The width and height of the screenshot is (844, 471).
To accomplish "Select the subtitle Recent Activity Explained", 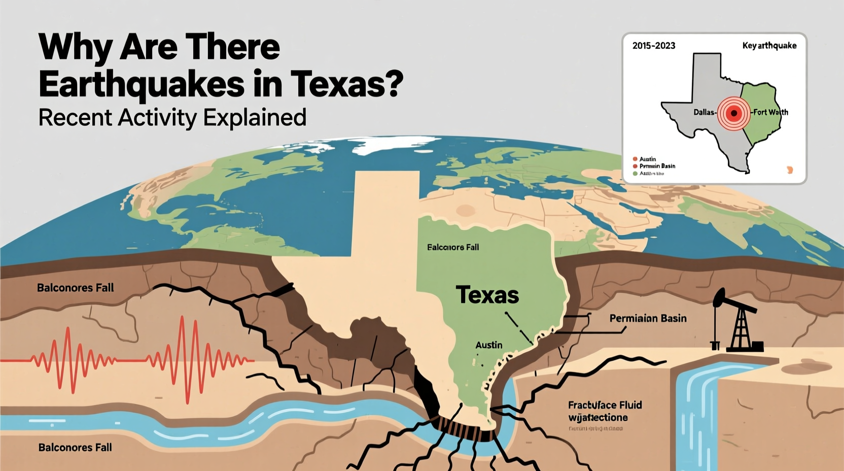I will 172,118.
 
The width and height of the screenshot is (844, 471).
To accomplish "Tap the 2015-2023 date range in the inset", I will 653,46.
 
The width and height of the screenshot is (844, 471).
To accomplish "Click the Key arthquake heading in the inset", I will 769,46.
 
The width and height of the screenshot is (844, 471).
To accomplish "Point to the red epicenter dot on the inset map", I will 733,113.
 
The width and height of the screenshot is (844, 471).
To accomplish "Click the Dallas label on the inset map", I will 704,112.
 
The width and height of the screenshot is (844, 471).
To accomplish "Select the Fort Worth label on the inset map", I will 770,112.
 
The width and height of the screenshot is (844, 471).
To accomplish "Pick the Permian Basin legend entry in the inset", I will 657,166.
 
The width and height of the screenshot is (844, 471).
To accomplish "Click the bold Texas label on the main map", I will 487,295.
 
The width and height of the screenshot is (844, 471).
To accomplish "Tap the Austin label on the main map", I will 488,345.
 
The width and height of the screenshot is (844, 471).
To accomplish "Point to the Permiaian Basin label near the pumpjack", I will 648,318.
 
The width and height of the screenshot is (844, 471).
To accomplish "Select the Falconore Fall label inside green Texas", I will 452,247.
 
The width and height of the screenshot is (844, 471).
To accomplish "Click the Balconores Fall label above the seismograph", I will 75,288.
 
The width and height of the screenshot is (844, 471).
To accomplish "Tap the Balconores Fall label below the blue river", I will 75,448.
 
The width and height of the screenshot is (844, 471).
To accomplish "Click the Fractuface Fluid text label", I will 605,405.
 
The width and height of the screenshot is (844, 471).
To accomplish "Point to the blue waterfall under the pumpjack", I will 697,411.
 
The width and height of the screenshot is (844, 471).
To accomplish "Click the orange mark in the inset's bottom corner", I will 789,170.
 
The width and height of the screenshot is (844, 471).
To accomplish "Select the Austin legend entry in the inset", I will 647,159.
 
